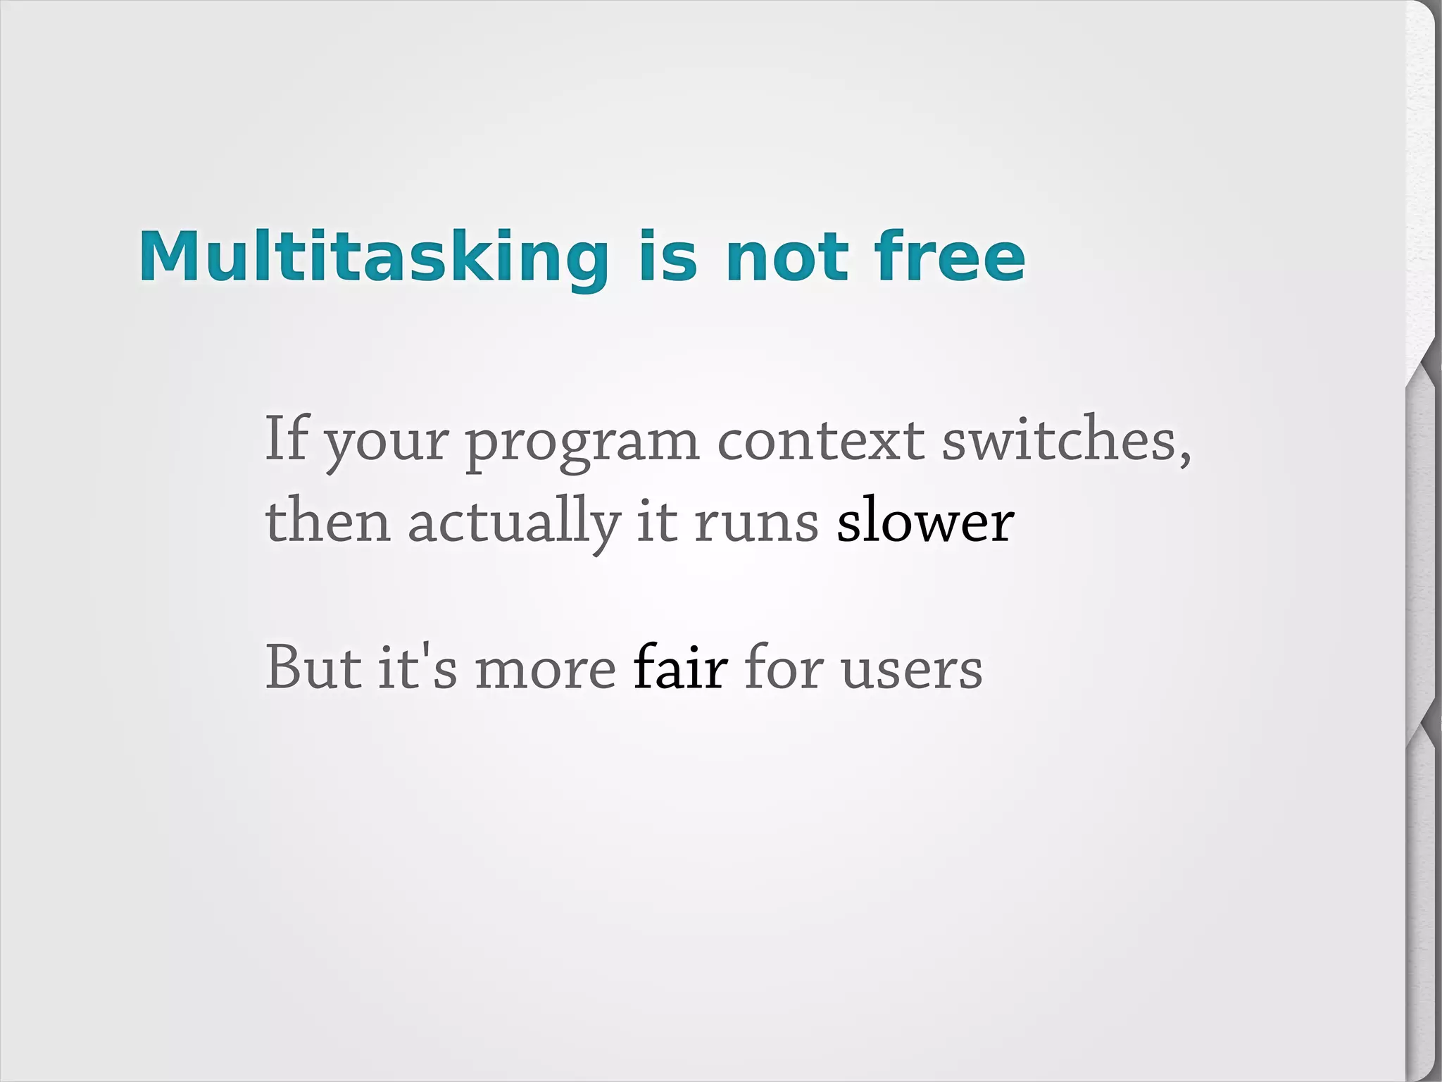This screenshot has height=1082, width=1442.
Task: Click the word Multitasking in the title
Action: pyautogui.click(x=373, y=257)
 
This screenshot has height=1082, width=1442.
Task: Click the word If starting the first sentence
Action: pyautogui.click(x=286, y=438)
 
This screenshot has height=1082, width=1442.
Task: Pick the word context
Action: pyautogui.click(x=820, y=440)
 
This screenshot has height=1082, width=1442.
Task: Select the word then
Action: pyautogui.click(x=327, y=521)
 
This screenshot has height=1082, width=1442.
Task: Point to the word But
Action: pyautogui.click(x=313, y=667)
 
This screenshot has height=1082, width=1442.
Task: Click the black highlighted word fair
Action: pyautogui.click(x=679, y=667)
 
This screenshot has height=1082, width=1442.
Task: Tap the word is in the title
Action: pyautogui.click(x=667, y=257)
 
